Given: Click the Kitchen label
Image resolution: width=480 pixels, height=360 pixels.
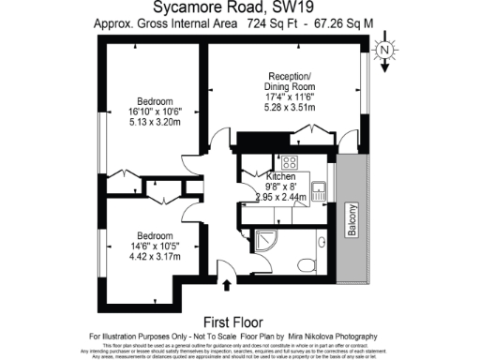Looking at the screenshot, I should tap(280, 176).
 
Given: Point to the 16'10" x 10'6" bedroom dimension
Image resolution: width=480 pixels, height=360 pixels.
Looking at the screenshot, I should tap(155, 111).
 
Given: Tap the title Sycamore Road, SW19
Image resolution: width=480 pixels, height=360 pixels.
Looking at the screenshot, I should tap(240, 11).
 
